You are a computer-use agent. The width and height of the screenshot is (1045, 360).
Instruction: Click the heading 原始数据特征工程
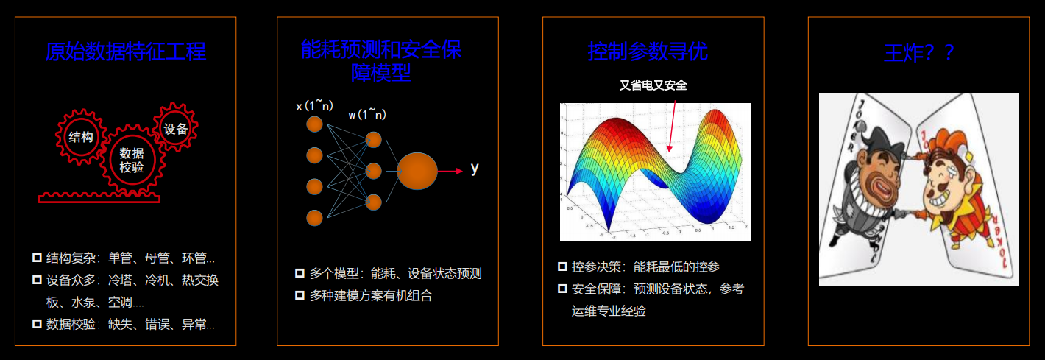pos(125,52)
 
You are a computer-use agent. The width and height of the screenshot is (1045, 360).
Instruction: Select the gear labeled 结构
pos(80,137)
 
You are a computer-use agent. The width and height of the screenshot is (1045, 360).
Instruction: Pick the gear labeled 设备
pos(176,129)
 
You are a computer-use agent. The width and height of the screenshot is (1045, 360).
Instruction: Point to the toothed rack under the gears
pos(99,197)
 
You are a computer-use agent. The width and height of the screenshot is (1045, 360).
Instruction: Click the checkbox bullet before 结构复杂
pos(37,258)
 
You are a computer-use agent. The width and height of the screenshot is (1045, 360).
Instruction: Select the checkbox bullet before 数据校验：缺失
pos(37,324)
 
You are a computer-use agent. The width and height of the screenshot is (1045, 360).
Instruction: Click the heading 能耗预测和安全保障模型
pos(381,60)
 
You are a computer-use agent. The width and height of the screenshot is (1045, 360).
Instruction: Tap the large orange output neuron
pos(417,172)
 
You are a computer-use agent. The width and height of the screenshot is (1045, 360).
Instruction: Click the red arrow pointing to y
pos(450,171)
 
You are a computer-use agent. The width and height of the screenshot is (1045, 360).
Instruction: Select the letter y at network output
pos(475,169)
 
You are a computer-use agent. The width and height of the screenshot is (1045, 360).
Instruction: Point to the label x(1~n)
pos(315,106)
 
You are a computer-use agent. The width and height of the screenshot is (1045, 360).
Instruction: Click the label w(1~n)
pos(367,114)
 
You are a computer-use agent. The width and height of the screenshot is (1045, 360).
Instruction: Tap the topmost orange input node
pos(314,124)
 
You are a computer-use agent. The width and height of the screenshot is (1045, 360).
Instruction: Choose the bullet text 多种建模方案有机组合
pos(371,295)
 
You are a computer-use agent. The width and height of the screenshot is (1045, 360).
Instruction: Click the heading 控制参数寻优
pos(648,52)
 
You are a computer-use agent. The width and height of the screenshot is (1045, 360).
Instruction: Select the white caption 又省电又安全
pos(653,86)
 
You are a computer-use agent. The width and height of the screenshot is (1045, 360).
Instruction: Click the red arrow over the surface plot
pos(672,125)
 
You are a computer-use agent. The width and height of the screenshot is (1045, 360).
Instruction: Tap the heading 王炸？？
pos(918,53)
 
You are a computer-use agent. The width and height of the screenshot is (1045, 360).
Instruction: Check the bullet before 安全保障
pos(562,289)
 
